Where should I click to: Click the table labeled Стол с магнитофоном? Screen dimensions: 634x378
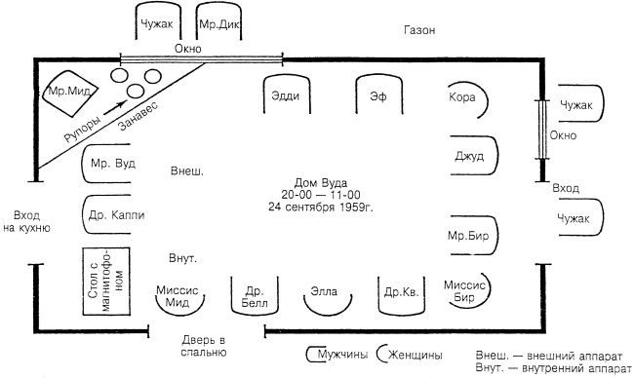[x=106, y=282]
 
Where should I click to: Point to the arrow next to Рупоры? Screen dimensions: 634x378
[x=115, y=108]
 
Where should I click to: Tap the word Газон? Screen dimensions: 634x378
[x=419, y=30]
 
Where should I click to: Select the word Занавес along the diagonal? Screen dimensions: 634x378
[x=139, y=116]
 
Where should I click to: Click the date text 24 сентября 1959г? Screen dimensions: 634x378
[x=321, y=207]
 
